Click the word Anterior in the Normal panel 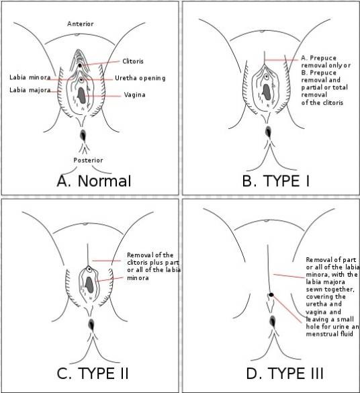[x=81, y=24]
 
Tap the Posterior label [x=88, y=160]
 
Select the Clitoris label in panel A [x=133, y=61]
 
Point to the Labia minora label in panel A [x=30, y=77]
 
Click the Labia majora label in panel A [x=30, y=90]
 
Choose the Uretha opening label [x=140, y=78]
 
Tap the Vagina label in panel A [x=135, y=95]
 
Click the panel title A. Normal [x=94, y=181]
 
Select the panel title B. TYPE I [x=276, y=181]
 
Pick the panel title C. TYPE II [x=93, y=374]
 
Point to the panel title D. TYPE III [x=285, y=374]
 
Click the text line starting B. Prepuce [x=318, y=73]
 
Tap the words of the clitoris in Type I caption [x=322, y=103]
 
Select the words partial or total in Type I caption [x=324, y=87]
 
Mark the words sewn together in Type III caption [x=330, y=290]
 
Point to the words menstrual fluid [x=329, y=334]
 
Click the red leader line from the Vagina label [x=103, y=96]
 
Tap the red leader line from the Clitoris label [x=100, y=63]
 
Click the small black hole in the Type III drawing [x=271, y=295]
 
